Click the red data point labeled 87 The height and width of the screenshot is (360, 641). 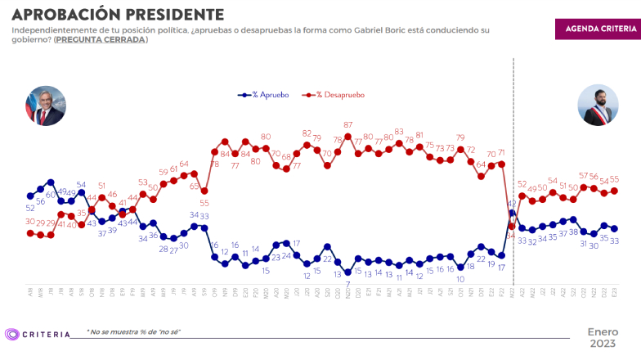pos(347,136)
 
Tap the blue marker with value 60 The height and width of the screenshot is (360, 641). pos(51,182)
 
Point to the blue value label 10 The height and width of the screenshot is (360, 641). pos(460,278)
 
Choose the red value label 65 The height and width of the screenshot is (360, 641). pos(194,187)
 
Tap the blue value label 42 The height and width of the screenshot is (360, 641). pos(513,203)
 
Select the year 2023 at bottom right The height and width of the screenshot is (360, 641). pos(603,343)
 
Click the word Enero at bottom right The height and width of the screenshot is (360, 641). pos(603,331)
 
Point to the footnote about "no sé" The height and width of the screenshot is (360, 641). pos(133,331)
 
